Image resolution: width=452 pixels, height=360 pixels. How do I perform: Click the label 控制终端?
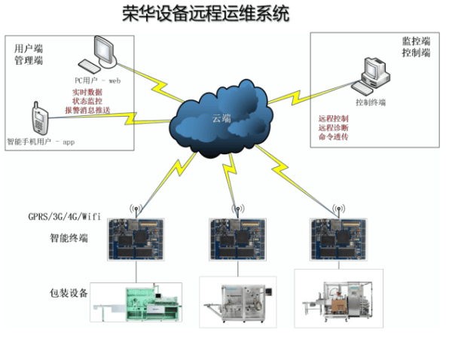371,102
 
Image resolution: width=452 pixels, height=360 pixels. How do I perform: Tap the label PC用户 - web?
97,79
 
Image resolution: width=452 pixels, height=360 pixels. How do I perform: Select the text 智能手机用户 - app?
43,141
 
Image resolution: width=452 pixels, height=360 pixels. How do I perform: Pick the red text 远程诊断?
332,129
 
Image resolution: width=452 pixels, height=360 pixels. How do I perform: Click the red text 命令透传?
332,139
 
